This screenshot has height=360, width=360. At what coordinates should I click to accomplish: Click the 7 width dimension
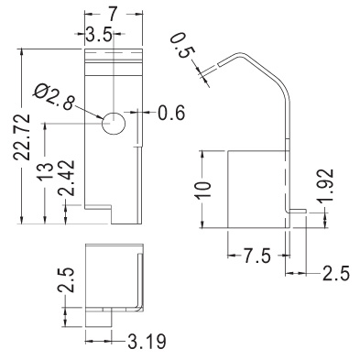click(113, 14)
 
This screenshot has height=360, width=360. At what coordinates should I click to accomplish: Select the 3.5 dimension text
click(98, 34)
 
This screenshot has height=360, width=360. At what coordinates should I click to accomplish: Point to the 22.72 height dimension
click(22, 136)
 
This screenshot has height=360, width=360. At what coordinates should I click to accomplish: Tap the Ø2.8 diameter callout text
click(54, 96)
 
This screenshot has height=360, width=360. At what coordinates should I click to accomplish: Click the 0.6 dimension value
click(171, 113)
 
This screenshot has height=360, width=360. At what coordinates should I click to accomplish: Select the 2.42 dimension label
click(66, 178)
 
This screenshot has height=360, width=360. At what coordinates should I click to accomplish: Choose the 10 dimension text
click(203, 191)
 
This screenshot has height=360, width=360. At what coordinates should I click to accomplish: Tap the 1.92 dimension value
click(325, 186)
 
